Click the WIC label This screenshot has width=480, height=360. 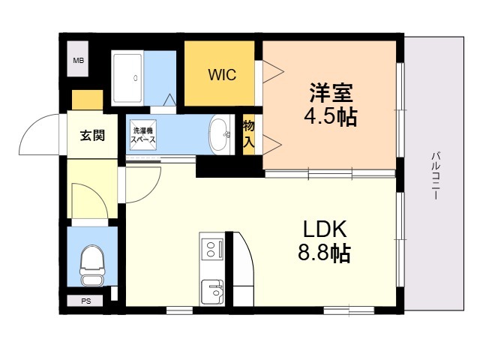click(x=222, y=75)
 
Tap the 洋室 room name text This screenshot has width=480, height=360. click(x=331, y=93)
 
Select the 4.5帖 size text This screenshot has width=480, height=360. click(x=331, y=117)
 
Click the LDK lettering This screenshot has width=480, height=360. click(x=325, y=229)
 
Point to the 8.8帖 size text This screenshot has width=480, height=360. click(x=324, y=253)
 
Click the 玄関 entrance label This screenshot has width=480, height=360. click(x=92, y=135)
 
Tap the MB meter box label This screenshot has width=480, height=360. click(x=78, y=61)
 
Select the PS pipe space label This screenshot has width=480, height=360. click(x=86, y=301)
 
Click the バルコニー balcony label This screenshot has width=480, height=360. click(x=436, y=176)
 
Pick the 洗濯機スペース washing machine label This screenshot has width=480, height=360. click(x=143, y=135)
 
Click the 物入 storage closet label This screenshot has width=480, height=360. click(x=248, y=134)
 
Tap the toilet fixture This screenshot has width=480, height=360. click(x=91, y=265)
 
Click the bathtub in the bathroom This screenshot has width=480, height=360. click(x=127, y=78)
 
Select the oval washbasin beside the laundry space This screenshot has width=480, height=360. click(x=220, y=135)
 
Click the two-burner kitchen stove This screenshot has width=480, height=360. click(x=212, y=249)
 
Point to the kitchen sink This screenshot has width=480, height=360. click(x=212, y=292)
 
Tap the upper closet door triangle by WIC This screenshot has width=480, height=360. click(x=273, y=72)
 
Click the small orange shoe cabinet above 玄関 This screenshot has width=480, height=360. click(x=87, y=100)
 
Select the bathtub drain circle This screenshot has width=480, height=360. click(x=136, y=78)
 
